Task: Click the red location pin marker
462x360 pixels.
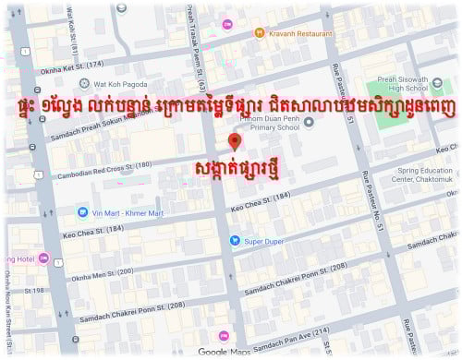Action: click(x=235, y=141)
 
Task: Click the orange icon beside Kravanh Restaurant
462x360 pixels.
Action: click(x=261, y=32)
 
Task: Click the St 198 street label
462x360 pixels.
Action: click(x=35, y=292)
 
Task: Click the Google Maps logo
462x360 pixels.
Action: click(x=225, y=352)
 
